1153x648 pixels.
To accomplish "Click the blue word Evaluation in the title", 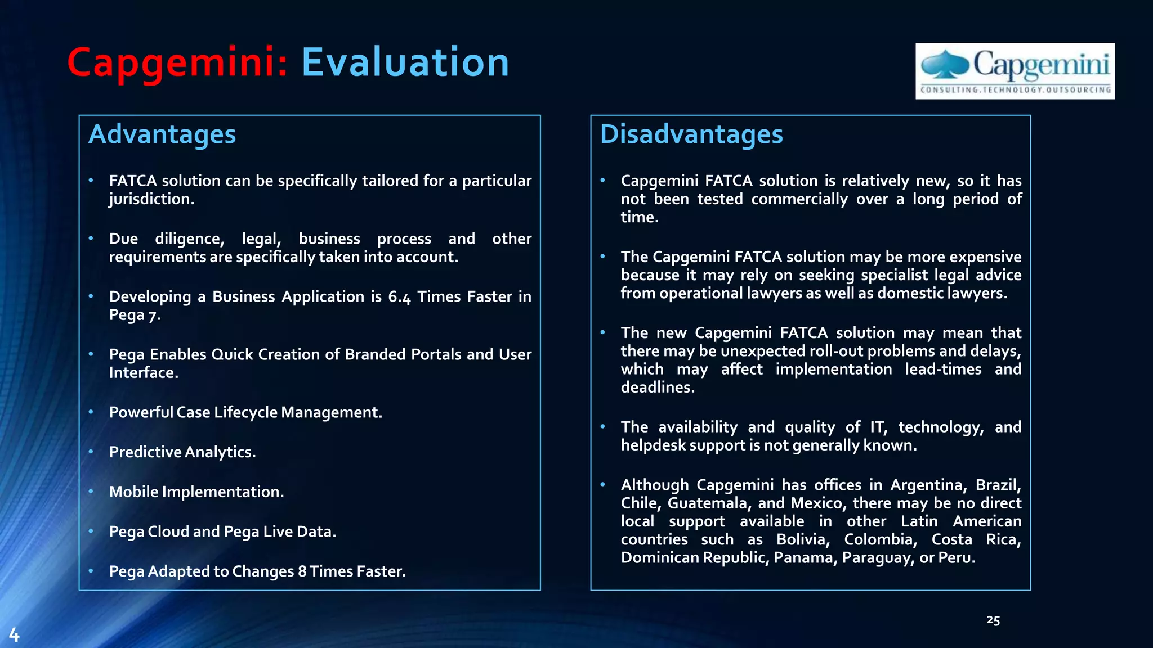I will pos(405,62).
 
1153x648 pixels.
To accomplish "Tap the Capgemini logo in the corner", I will pos(1015,71).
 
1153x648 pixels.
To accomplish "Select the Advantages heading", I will pos(162,134).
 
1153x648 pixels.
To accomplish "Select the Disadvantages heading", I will pos(691,134).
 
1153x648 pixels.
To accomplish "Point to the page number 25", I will pos(993,620).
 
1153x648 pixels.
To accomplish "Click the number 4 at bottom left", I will pos(14,635).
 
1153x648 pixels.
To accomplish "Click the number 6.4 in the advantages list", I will pos(399,297).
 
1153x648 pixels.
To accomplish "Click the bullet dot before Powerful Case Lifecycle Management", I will pos(91,412).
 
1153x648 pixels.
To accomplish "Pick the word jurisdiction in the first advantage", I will pos(150,199).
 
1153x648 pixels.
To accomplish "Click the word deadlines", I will pos(656,388).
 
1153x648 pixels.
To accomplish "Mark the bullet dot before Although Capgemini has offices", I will pos(602,484).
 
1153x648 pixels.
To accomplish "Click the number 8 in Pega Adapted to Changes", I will pos(302,571).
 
